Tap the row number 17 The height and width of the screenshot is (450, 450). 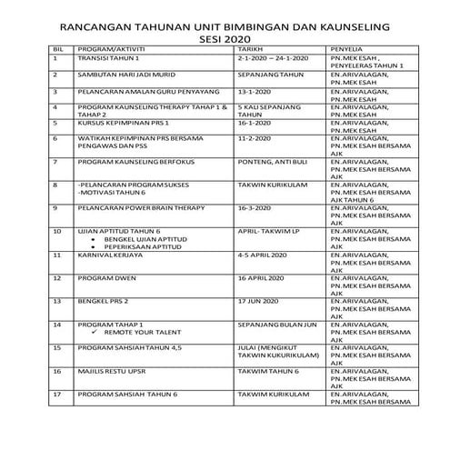pyautogui.click(x=57, y=394)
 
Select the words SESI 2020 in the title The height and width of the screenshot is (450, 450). pyautogui.click(x=225, y=39)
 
